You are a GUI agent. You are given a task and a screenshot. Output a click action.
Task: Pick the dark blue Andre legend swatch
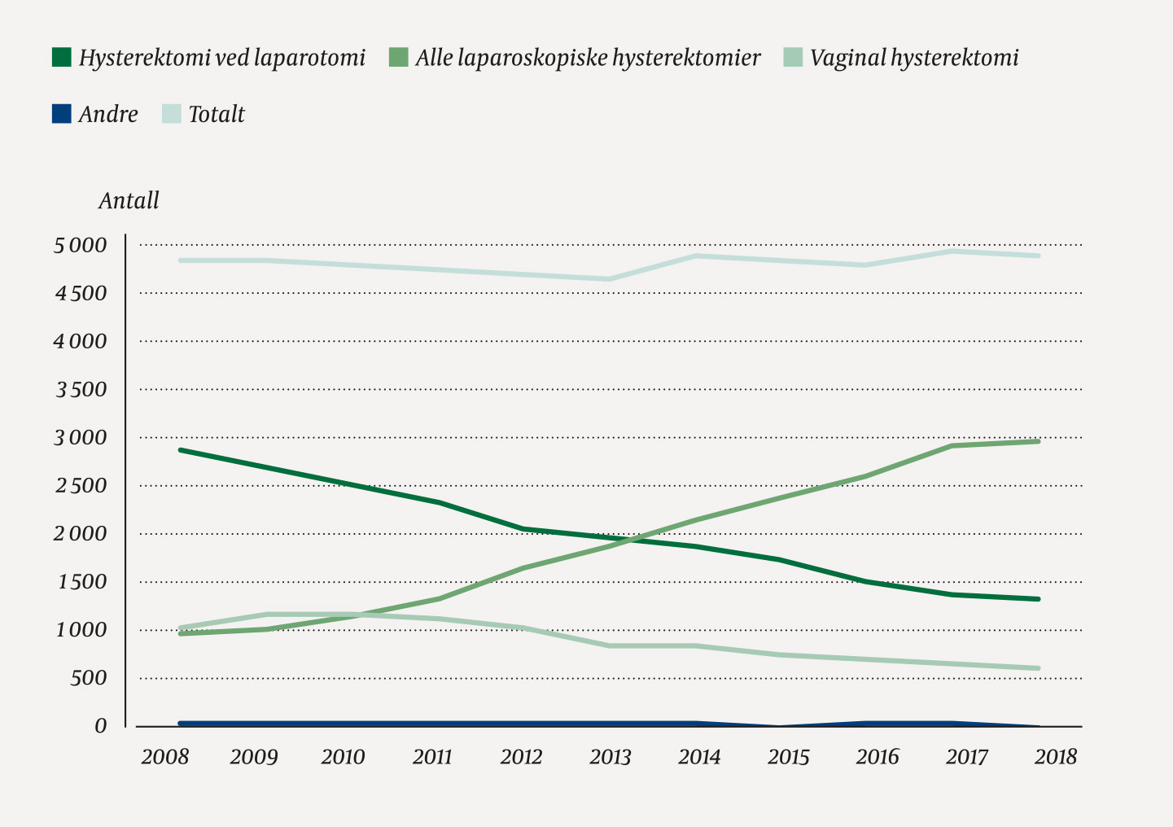click(x=61, y=114)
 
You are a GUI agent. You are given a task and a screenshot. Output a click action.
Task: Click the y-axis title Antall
click(x=129, y=200)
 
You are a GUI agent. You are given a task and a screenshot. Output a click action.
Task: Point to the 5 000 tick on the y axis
click(x=80, y=246)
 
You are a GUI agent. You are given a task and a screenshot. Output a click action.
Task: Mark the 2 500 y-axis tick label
click(x=80, y=486)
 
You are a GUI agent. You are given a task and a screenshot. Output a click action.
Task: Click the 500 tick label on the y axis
click(x=88, y=678)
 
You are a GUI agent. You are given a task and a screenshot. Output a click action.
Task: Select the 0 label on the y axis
click(x=100, y=726)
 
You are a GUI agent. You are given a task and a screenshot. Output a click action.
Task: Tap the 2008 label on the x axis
click(x=164, y=757)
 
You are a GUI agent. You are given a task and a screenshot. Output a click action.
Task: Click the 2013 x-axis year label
click(x=610, y=757)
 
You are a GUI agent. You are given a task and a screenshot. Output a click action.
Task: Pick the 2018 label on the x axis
click(x=1055, y=757)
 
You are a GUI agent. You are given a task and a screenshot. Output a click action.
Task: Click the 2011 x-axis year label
click(x=431, y=757)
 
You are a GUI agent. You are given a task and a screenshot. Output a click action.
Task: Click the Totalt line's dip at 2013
click(x=610, y=279)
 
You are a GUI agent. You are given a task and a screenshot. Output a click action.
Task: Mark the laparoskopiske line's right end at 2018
click(x=1038, y=441)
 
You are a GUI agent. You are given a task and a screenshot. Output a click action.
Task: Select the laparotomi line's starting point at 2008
click(x=180, y=449)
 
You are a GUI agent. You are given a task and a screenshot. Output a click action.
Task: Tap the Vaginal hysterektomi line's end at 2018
click(x=1038, y=668)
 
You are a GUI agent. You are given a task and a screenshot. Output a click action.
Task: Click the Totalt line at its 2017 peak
click(x=951, y=251)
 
